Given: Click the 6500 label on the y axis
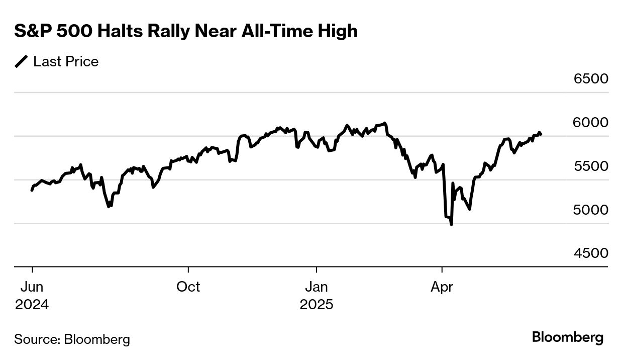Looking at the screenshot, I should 591,79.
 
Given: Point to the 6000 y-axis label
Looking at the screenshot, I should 591,123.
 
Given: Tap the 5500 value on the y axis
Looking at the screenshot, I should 591,166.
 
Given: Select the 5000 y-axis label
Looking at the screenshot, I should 591,210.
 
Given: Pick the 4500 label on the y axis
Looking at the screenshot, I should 591,253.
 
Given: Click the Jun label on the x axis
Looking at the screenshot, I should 32,287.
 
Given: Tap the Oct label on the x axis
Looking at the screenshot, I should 188,287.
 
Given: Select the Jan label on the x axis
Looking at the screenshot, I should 317,287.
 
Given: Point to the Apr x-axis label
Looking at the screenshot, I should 442,287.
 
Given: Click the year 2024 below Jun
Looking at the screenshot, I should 32,305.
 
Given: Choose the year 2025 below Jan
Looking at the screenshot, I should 317,305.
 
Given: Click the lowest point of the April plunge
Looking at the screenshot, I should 451,224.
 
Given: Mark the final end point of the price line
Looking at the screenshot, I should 541,134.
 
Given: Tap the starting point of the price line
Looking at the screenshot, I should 32,190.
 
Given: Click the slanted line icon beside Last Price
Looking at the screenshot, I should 22,62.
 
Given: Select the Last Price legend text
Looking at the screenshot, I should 66,62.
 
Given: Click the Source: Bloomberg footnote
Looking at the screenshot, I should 72,339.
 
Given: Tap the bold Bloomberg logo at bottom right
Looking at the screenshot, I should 568,337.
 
